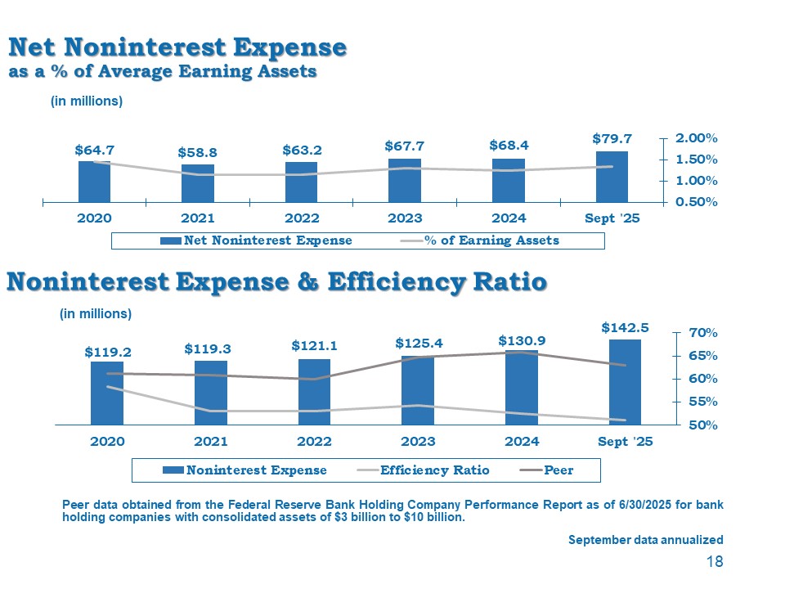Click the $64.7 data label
(x=94, y=151)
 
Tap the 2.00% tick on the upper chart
(x=696, y=138)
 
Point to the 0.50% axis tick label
(x=696, y=202)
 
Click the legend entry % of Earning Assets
(x=480, y=241)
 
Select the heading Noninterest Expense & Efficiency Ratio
(x=276, y=283)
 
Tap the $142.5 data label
(x=625, y=327)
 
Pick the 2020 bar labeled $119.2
(x=107, y=393)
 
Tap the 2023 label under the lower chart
(x=418, y=442)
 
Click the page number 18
(x=715, y=562)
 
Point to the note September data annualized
(x=646, y=540)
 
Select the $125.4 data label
(x=418, y=342)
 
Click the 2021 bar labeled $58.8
(x=197, y=182)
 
